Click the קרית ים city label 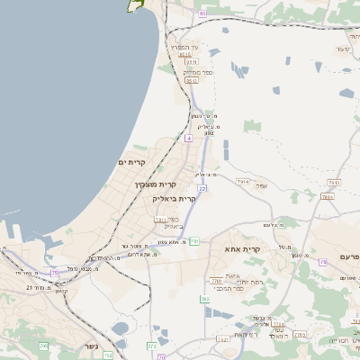tap(132, 162)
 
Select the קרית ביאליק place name tap(175, 198)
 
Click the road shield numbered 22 tap(202, 189)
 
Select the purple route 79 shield tap(323, 262)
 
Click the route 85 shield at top tap(202, 14)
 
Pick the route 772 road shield tap(151, 345)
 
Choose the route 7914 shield tap(243, 182)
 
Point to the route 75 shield tap(55, 272)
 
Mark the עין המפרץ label tap(199, 46)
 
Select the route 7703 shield tap(216, 280)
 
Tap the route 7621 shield tap(221, 339)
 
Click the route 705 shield tap(43, 346)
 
